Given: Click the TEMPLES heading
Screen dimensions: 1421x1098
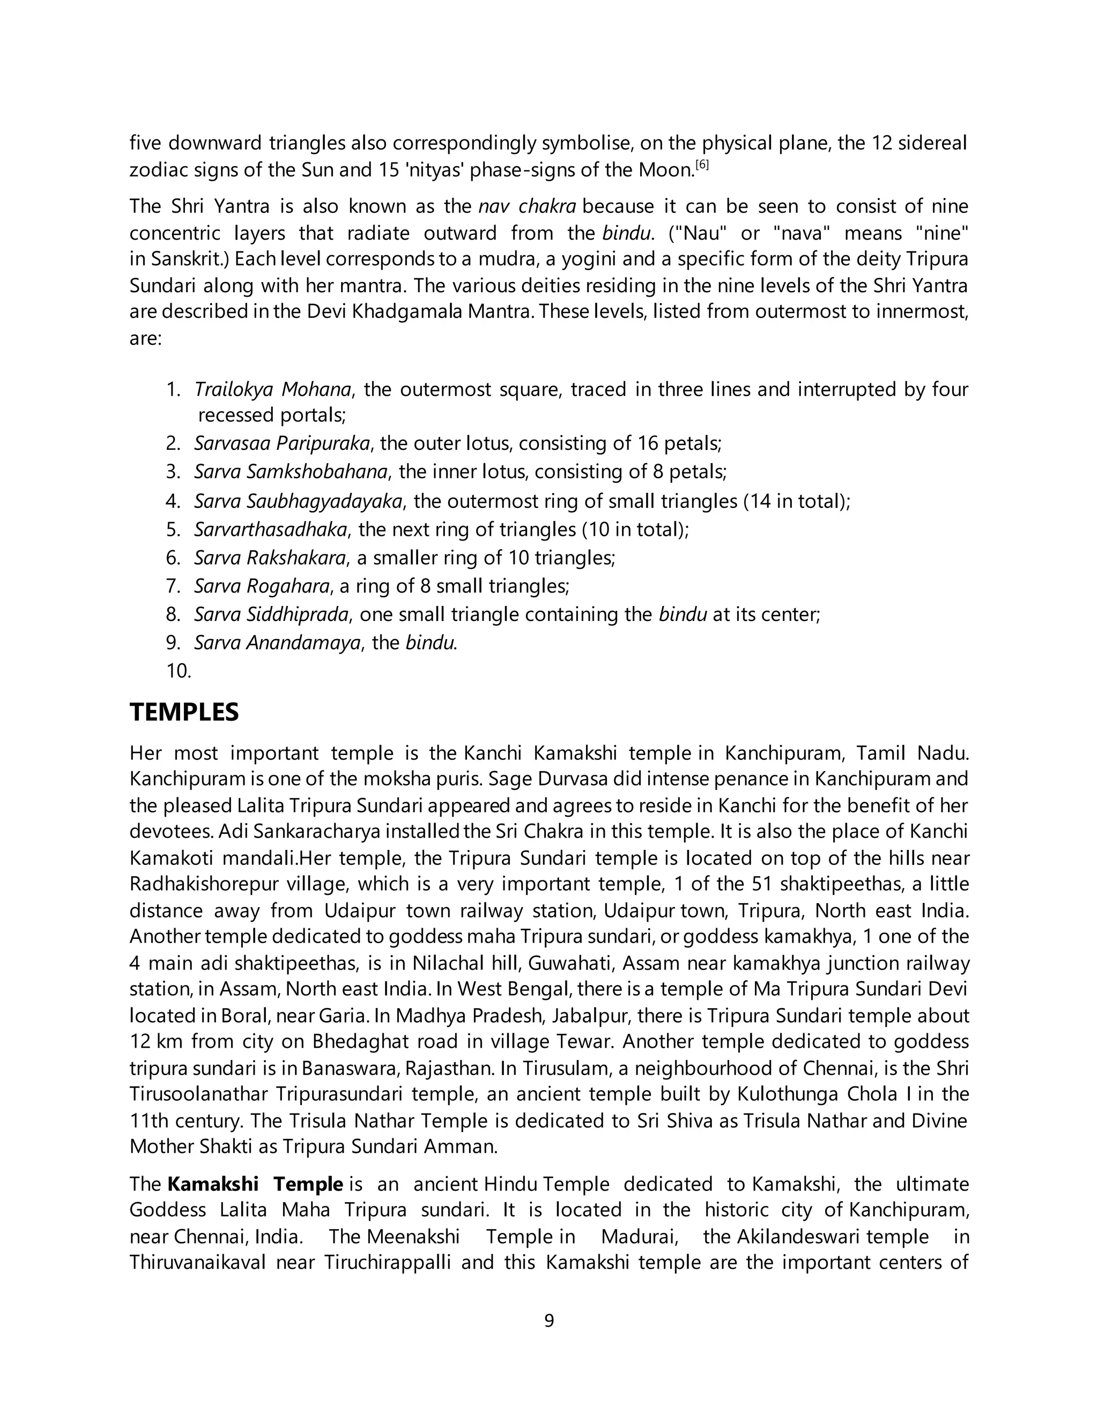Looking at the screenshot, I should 184,713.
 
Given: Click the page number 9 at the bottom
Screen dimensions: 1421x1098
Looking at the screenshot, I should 548,1320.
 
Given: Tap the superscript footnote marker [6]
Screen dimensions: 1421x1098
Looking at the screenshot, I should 702,165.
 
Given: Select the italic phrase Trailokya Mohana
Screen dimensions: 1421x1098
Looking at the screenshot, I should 272,389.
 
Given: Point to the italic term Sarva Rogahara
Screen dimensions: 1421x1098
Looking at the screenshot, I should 262,586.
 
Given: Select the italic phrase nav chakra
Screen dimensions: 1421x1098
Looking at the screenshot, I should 527,206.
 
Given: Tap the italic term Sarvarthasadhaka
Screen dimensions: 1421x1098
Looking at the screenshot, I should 271,530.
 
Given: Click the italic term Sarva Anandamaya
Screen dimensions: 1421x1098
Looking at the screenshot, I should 277,643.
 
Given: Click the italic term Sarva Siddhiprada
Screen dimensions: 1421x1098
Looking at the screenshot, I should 271,614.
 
